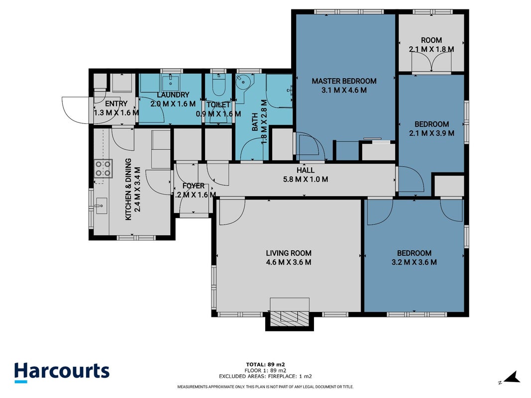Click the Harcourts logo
pos(62,372)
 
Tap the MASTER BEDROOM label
pos(344,81)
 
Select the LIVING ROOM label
pos(289,253)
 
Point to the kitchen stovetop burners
pos(103,169)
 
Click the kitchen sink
pos(101,206)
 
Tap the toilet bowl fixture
pos(218,86)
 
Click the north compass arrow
pos(512,378)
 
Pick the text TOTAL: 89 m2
pos(265,365)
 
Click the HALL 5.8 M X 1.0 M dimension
pos(306,180)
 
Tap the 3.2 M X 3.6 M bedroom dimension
pos(414,262)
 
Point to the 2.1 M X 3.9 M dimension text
pos(431,133)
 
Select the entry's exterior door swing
pos(75,110)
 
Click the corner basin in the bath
pos(244,82)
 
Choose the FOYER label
pos(194,186)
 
